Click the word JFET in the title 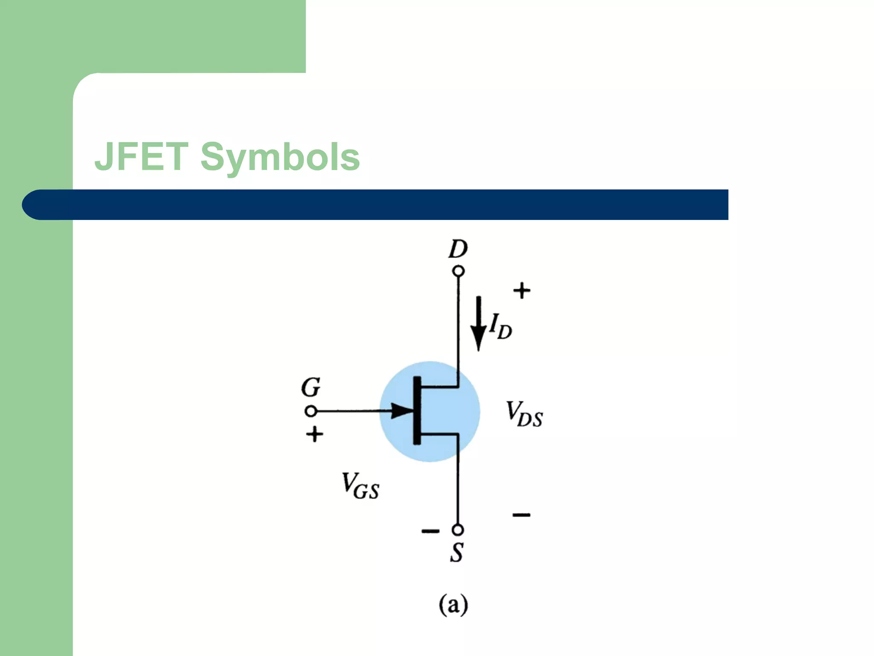(141, 157)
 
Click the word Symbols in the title (280, 158)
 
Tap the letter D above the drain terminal (458, 249)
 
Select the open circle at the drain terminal (458, 271)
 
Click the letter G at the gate (311, 387)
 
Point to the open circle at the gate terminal (311, 411)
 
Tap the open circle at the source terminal (458, 530)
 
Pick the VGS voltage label (360, 486)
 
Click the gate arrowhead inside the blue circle (402, 411)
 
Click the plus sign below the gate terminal (315, 435)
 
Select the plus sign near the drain (521, 291)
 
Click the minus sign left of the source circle (430, 531)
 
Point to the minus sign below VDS (521, 515)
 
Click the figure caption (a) (453, 605)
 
